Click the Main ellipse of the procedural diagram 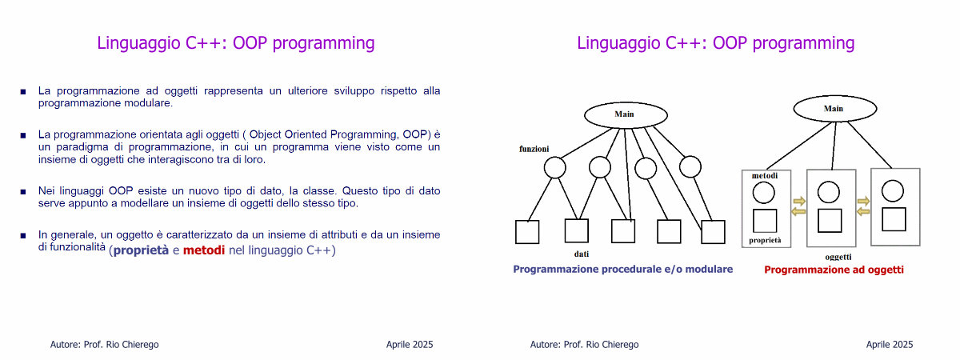point(626,115)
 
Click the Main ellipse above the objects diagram point(835,109)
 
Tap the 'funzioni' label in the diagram point(534,149)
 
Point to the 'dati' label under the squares point(582,254)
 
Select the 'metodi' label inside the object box point(765,176)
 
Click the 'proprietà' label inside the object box point(765,241)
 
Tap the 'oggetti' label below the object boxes point(838,257)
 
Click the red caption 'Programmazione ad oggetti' point(834,270)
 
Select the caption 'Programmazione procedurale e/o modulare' point(622,269)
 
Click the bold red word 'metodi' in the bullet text point(204,250)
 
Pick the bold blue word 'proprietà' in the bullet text point(141,250)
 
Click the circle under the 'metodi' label point(764,193)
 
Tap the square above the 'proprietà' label point(765,221)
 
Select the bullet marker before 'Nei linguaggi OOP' point(23,192)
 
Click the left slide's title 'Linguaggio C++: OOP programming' point(236,43)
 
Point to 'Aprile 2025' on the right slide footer point(890,345)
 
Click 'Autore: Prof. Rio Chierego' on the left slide point(104,345)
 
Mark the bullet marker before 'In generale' point(23,235)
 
